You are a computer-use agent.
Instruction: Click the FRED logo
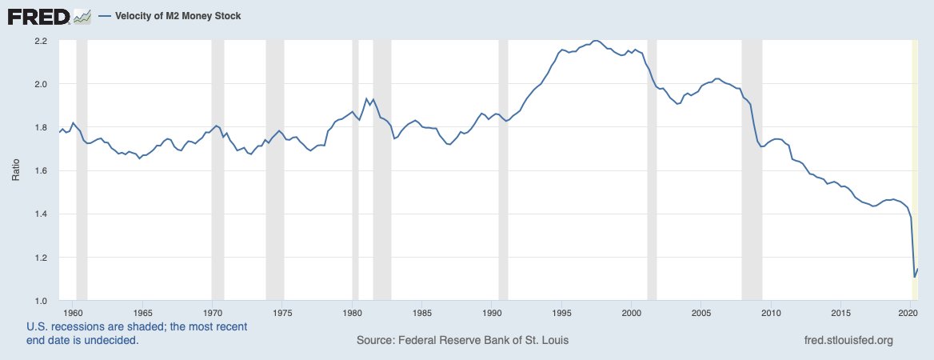click(x=38, y=16)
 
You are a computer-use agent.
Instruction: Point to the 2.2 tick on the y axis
click(x=41, y=41)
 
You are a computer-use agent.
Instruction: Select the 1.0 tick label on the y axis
click(x=41, y=301)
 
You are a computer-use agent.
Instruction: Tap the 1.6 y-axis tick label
click(x=41, y=171)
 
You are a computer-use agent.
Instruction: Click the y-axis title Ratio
click(x=15, y=170)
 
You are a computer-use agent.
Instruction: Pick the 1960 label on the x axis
click(x=73, y=312)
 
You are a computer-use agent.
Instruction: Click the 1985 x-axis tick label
click(x=422, y=312)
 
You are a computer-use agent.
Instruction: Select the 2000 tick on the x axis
click(x=632, y=312)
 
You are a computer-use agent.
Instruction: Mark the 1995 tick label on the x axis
click(x=562, y=312)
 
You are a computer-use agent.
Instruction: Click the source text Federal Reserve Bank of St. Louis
click(x=463, y=341)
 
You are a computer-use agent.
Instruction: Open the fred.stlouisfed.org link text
click(x=848, y=341)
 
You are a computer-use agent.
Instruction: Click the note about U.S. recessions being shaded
click(x=137, y=334)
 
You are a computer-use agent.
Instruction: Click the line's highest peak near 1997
click(x=595, y=40)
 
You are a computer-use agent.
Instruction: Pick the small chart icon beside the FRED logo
click(x=82, y=16)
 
